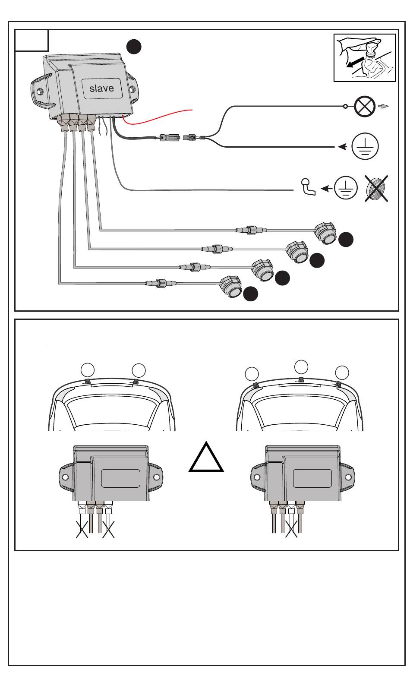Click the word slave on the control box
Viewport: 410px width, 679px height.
click(x=101, y=88)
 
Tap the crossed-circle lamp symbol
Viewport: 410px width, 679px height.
click(x=365, y=106)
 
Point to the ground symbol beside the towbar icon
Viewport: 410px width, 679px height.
click(x=346, y=188)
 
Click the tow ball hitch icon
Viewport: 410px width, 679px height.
click(x=308, y=187)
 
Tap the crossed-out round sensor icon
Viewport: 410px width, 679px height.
click(x=376, y=188)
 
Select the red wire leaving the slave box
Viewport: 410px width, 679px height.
click(x=157, y=117)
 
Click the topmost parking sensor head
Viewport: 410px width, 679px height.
click(x=325, y=233)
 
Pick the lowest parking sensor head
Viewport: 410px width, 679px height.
click(x=231, y=287)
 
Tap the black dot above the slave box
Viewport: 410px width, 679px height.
click(x=134, y=47)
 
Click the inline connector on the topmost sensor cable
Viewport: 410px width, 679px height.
click(x=251, y=230)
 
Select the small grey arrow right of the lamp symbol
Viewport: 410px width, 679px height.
click(x=383, y=106)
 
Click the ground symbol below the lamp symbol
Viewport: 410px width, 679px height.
click(x=365, y=146)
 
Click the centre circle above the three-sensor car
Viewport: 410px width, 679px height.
click(x=301, y=367)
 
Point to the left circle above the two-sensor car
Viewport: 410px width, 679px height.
click(x=88, y=370)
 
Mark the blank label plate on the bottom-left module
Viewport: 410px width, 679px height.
click(x=120, y=478)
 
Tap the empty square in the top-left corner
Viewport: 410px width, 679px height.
click(x=32, y=40)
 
